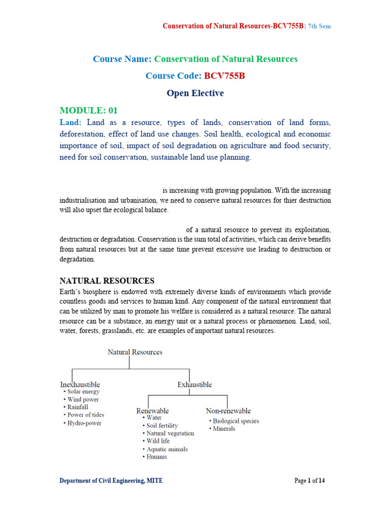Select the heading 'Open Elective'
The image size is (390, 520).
tap(195, 93)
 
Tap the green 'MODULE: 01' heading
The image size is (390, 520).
tap(89, 110)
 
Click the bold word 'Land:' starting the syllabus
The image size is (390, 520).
tap(71, 122)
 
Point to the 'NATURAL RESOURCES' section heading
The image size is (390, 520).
tap(107, 281)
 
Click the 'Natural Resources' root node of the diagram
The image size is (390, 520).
tap(135, 352)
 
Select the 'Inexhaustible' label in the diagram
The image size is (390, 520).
tap(80, 384)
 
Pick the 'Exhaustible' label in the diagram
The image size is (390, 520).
tap(194, 384)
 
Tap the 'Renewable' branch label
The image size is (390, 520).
tap(152, 410)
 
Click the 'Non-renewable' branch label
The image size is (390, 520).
tap(228, 410)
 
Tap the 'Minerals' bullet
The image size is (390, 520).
tap(224, 429)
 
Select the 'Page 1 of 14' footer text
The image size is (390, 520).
tap(309, 480)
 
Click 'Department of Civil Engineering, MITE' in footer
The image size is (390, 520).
tap(111, 480)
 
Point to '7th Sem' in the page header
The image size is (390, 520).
tap(318, 26)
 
